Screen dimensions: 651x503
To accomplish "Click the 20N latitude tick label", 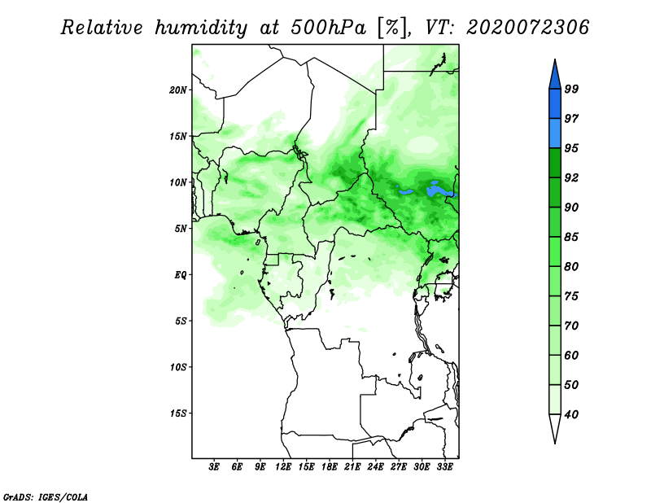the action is click(x=178, y=90).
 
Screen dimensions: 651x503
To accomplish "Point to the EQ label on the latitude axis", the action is click(x=181, y=275).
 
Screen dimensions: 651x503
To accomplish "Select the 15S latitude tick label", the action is click(x=178, y=413).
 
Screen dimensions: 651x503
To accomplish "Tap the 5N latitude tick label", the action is click(x=181, y=229).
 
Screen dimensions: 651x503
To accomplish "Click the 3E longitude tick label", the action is click(x=214, y=466).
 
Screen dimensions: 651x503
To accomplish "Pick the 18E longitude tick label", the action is click(x=330, y=466).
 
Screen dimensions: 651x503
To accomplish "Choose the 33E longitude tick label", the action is click(x=444, y=466).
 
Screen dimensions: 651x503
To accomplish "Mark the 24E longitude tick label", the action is click(x=375, y=466).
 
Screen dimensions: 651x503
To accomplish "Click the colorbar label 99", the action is click(x=571, y=89).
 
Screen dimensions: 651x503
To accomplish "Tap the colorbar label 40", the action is click(x=571, y=414).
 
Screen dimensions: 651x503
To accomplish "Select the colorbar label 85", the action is click(x=571, y=237).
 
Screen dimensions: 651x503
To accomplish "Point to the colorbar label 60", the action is click(x=571, y=355).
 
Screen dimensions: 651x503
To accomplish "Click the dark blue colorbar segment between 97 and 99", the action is click(x=555, y=104).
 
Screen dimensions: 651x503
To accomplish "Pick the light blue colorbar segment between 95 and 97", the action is click(x=555, y=133).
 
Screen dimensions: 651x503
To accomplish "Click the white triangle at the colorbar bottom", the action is click(x=555, y=427).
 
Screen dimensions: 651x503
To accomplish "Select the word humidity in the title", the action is click(x=201, y=28).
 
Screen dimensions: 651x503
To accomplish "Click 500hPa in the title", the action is click(x=328, y=28).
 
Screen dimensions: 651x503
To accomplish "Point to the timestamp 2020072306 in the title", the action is click(x=527, y=28).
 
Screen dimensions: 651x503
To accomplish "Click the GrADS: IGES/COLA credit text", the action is click(x=46, y=496).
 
